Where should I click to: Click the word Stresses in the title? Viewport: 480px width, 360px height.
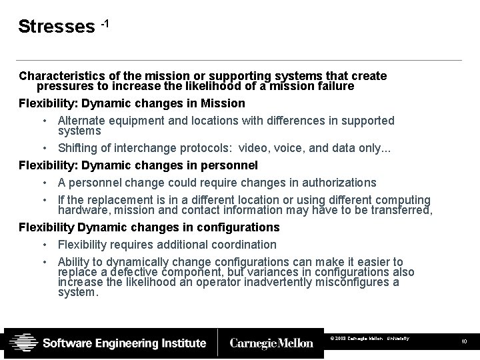[57, 27]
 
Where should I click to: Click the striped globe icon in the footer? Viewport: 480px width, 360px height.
[23, 343]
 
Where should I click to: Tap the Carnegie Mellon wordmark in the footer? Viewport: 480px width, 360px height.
[271, 343]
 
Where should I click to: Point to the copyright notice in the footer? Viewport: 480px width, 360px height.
[369, 339]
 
